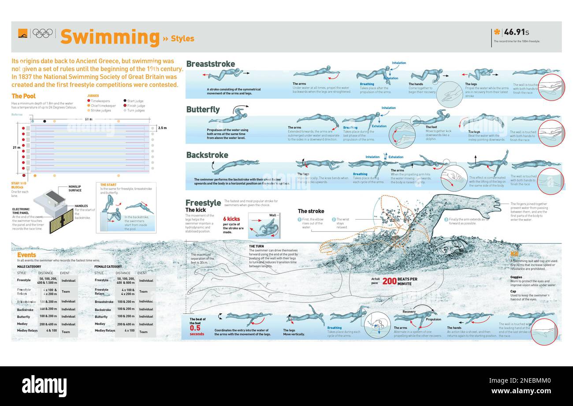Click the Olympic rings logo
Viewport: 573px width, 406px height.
43,33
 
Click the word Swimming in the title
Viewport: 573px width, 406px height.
110,37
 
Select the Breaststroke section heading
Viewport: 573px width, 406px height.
210,64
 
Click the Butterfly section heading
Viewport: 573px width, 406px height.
203,109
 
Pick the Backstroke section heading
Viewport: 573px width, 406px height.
207,155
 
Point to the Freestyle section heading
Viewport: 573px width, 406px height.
203,203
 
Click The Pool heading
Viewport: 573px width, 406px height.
23,96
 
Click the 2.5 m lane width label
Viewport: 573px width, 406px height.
162,128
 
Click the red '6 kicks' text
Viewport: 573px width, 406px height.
231,219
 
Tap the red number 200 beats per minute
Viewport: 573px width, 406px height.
389,281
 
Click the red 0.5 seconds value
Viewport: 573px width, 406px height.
195,328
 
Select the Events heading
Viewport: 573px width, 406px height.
26,255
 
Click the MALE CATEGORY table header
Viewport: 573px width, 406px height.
29,267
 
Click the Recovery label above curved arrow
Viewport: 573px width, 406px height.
409,312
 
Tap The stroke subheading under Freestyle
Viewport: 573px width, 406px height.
311,211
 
